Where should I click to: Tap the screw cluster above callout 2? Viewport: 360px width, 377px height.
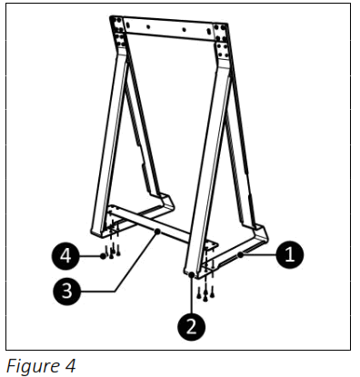207,289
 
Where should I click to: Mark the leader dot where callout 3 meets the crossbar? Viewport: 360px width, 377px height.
159,233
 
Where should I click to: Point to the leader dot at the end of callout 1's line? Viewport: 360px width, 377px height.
241,257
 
